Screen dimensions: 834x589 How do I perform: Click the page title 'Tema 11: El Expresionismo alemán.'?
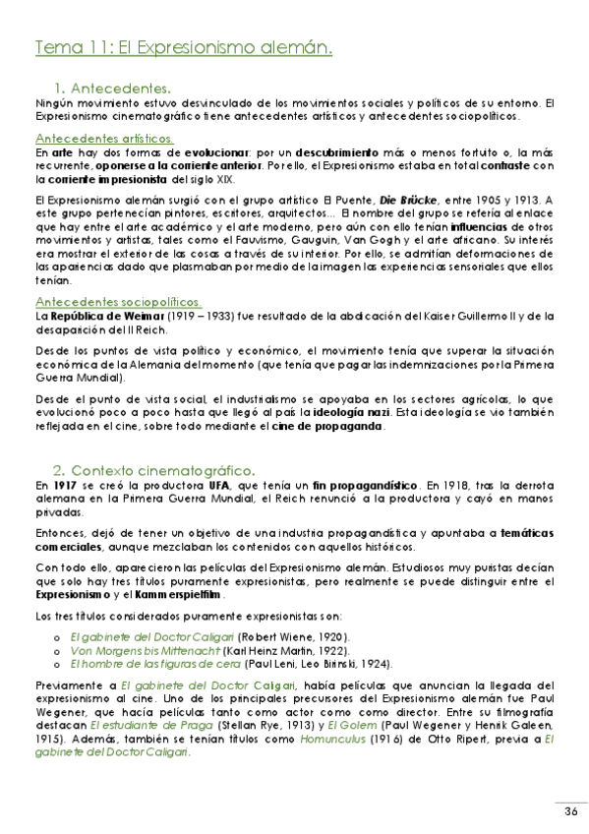[182, 46]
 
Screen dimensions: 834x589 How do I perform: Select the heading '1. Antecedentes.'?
[114, 87]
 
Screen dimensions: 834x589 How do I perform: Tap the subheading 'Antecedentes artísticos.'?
[104, 139]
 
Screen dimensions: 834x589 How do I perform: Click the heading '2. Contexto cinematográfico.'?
[153, 469]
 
